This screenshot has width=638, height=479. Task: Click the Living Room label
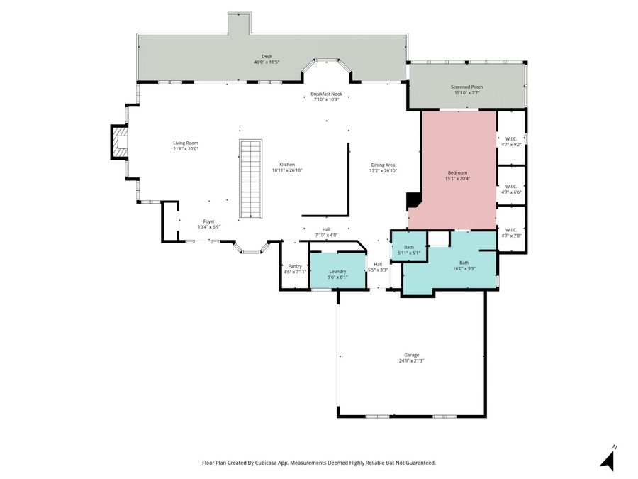(x=186, y=145)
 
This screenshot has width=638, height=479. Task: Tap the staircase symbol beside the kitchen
(x=250, y=179)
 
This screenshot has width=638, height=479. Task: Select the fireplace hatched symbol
(x=119, y=142)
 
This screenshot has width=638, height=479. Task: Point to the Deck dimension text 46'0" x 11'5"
(x=267, y=62)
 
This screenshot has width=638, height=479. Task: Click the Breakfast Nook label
(x=326, y=97)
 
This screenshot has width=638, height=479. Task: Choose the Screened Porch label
(x=466, y=89)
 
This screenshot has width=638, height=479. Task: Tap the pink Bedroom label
(x=457, y=175)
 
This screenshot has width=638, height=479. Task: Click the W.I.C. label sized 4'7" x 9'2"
(x=511, y=141)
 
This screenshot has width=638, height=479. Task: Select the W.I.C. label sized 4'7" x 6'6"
(x=511, y=189)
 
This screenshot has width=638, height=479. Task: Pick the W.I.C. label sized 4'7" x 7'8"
(x=511, y=233)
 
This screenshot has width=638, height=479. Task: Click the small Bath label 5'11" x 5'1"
(x=409, y=250)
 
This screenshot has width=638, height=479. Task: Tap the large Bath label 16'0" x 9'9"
(x=464, y=265)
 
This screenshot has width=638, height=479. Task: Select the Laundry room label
(x=337, y=274)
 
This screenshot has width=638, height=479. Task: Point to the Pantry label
(x=295, y=269)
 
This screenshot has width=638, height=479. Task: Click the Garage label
(x=411, y=358)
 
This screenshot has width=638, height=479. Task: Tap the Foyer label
(x=208, y=224)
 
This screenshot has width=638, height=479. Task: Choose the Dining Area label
(x=383, y=167)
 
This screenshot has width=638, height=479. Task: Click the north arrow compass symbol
(x=608, y=458)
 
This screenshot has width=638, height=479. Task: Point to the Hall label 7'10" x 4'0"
(x=326, y=232)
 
